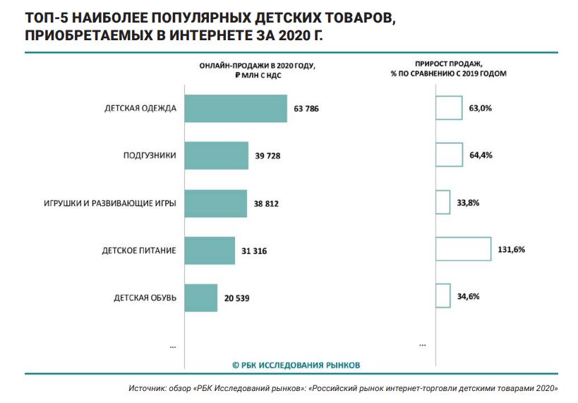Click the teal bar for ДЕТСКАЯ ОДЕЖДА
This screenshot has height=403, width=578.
235,109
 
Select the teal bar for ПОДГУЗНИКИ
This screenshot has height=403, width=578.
216,155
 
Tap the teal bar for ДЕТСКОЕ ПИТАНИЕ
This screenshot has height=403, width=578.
209,251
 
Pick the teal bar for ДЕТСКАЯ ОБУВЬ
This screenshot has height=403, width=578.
200,298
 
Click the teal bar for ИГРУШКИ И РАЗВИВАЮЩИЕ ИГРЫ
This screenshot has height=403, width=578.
215,203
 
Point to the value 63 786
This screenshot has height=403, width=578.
308,109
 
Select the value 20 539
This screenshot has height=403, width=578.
236,298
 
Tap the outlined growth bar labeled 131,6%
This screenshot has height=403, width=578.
463,250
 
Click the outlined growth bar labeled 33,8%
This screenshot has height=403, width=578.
442,203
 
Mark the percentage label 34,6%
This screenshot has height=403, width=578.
468,296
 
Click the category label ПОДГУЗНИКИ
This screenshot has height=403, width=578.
150,156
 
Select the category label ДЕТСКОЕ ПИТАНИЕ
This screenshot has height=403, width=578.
140,251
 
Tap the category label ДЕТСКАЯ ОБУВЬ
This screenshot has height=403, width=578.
145,298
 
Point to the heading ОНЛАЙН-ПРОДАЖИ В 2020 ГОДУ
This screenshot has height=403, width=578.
256,65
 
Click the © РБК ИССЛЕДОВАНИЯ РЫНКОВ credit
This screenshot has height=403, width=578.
296,365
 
